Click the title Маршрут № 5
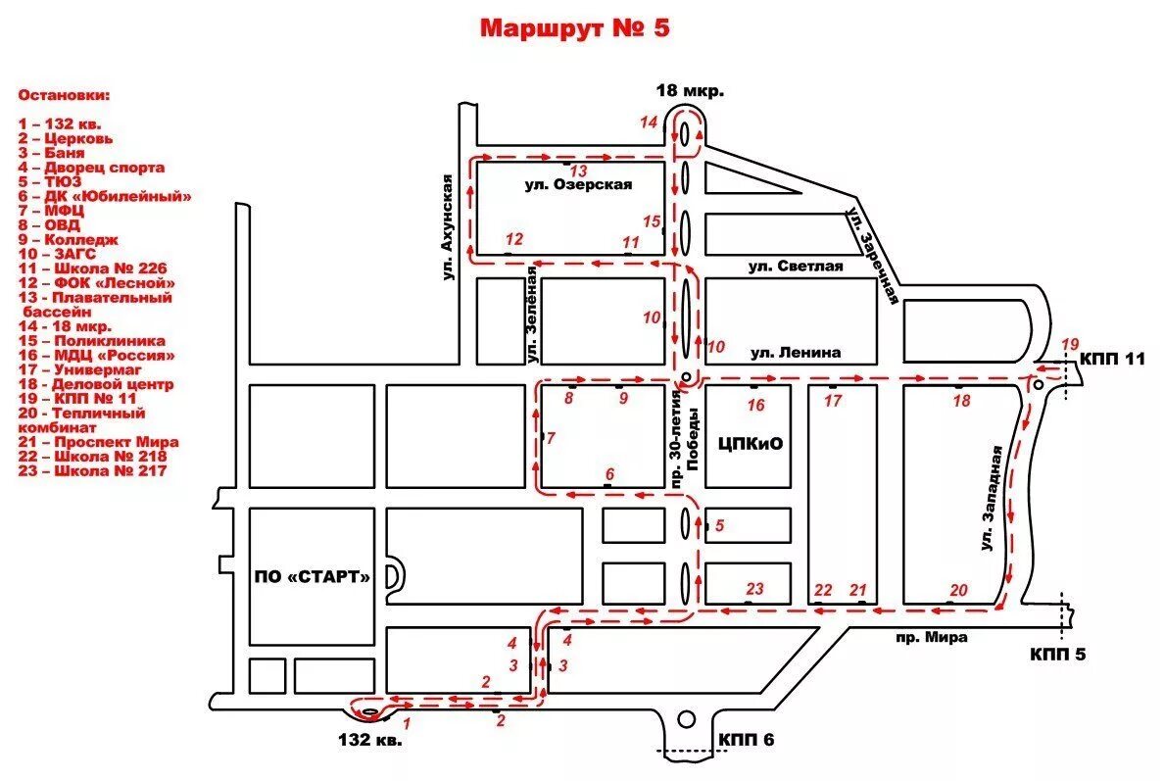575,28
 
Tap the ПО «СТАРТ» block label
313,576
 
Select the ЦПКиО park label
750,444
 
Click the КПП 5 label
1058,654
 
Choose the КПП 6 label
746,739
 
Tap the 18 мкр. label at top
690,91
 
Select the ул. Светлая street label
796,267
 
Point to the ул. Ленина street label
796,353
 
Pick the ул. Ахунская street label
448,227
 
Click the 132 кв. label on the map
369,740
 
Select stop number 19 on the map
1069,344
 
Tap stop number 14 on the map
648,122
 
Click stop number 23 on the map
753,589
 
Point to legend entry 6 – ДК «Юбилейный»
105,196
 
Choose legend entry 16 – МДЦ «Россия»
97,356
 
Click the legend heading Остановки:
65,96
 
